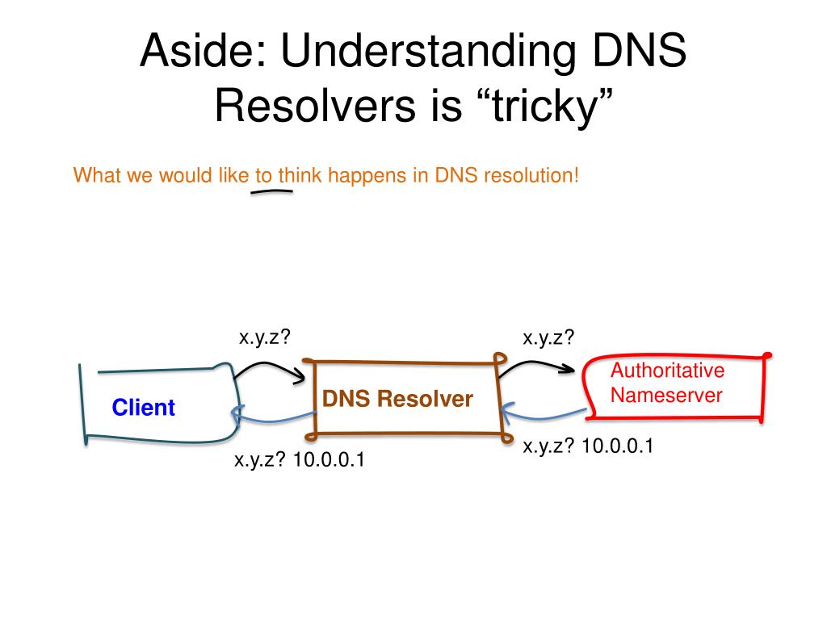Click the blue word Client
click(x=143, y=408)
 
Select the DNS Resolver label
click(x=397, y=399)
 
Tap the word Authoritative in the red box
click(x=667, y=371)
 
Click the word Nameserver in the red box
click(x=666, y=396)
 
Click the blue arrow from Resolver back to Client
click(x=272, y=417)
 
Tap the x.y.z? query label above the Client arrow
click(x=264, y=337)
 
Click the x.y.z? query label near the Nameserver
click(x=549, y=337)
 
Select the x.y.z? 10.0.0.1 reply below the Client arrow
click(x=299, y=461)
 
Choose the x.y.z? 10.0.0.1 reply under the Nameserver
click(x=587, y=446)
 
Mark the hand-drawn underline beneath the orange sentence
click(x=271, y=192)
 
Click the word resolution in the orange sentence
click(x=531, y=175)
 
